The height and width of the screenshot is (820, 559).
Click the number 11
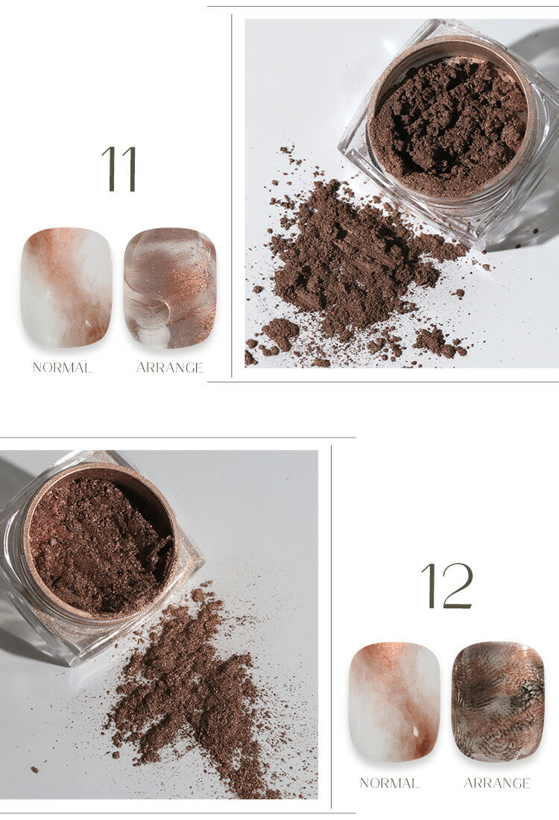coord(119,168)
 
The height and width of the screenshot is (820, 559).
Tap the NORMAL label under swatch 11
coord(62,368)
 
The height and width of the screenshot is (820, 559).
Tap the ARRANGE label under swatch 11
coord(169,368)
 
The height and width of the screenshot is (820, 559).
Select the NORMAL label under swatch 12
coord(389,783)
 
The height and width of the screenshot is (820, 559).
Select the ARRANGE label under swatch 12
coord(497,783)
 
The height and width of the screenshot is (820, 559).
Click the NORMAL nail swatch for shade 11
coord(66,288)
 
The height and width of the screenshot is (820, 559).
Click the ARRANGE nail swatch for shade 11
coord(170,288)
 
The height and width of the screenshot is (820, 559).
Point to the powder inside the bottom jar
coord(99,544)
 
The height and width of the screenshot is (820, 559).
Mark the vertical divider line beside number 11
coord(232,195)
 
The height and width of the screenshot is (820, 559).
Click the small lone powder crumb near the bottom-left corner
coord(34,769)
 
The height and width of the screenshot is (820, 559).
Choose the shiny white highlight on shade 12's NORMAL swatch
coord(416,730)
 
